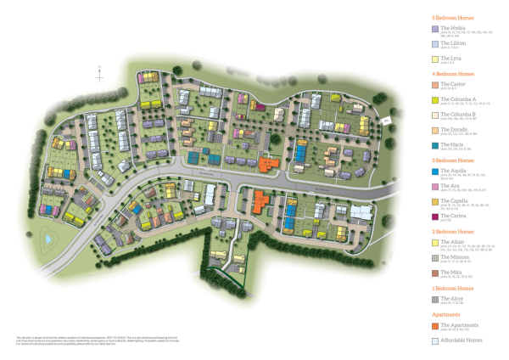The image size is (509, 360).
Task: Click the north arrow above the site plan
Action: pyautogui.click(x=100, y=68)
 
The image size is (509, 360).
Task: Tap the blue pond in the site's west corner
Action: pyautogui.click(x=48, y=239)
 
